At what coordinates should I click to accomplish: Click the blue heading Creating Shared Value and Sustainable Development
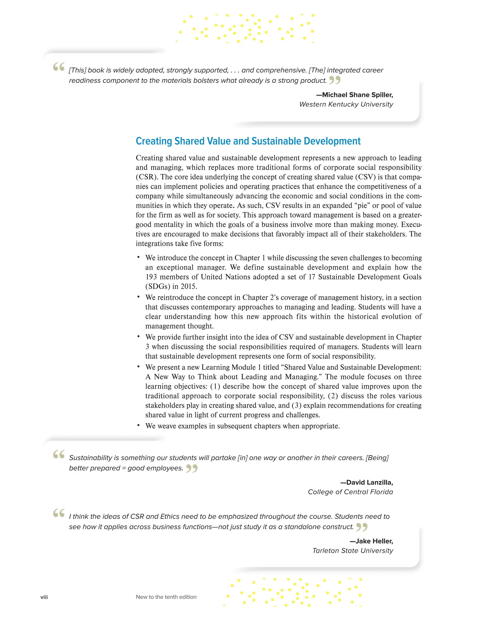[x=248, y=141]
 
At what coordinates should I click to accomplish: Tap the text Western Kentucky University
[x=346, y=104]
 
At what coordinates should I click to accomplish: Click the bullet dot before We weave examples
[x=138, y=425]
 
